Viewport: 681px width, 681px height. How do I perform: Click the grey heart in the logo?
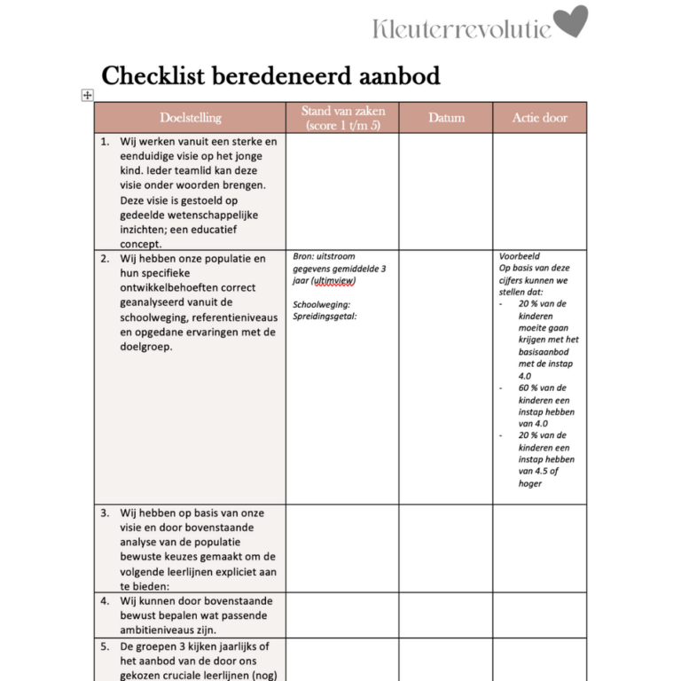tap(571, 22)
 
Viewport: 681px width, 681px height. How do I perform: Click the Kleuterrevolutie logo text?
tap(461, 28)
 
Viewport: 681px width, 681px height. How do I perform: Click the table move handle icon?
tap(88, 95)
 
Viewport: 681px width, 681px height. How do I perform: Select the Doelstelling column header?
tap(191, 118)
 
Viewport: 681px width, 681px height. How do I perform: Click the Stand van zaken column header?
tap(343, 118)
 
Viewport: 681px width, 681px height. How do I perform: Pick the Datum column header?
tap(446, 118)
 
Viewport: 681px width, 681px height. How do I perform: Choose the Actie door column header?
tap(539, 118)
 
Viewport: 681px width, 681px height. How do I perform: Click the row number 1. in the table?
tap(105, 141)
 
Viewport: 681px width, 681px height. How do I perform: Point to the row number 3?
tap(105, 513)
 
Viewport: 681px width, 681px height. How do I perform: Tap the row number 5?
tap(105, 646)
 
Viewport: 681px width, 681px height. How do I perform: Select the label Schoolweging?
tap(321, 304)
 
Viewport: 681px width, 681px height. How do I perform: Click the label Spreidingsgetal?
tap(325, 317)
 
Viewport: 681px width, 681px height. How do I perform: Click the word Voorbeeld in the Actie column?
tap(519, 256)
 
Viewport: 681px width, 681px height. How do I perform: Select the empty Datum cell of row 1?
tap(446, 191)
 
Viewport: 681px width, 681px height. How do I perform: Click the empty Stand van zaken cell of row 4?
tap(343, 614)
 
